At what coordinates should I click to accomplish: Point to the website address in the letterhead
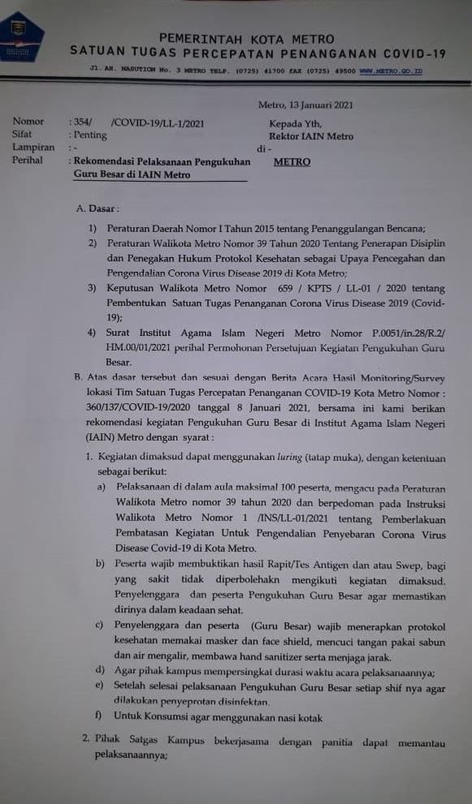click(x=391, y=72)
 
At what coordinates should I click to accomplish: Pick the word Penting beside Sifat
click(x=90, y=135)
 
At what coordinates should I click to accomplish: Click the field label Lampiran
click(x=33, y=148)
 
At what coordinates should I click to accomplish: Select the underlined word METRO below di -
click(x=292, y=161)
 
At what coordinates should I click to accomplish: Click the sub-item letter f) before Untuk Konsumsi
click(x=99, y=716)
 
